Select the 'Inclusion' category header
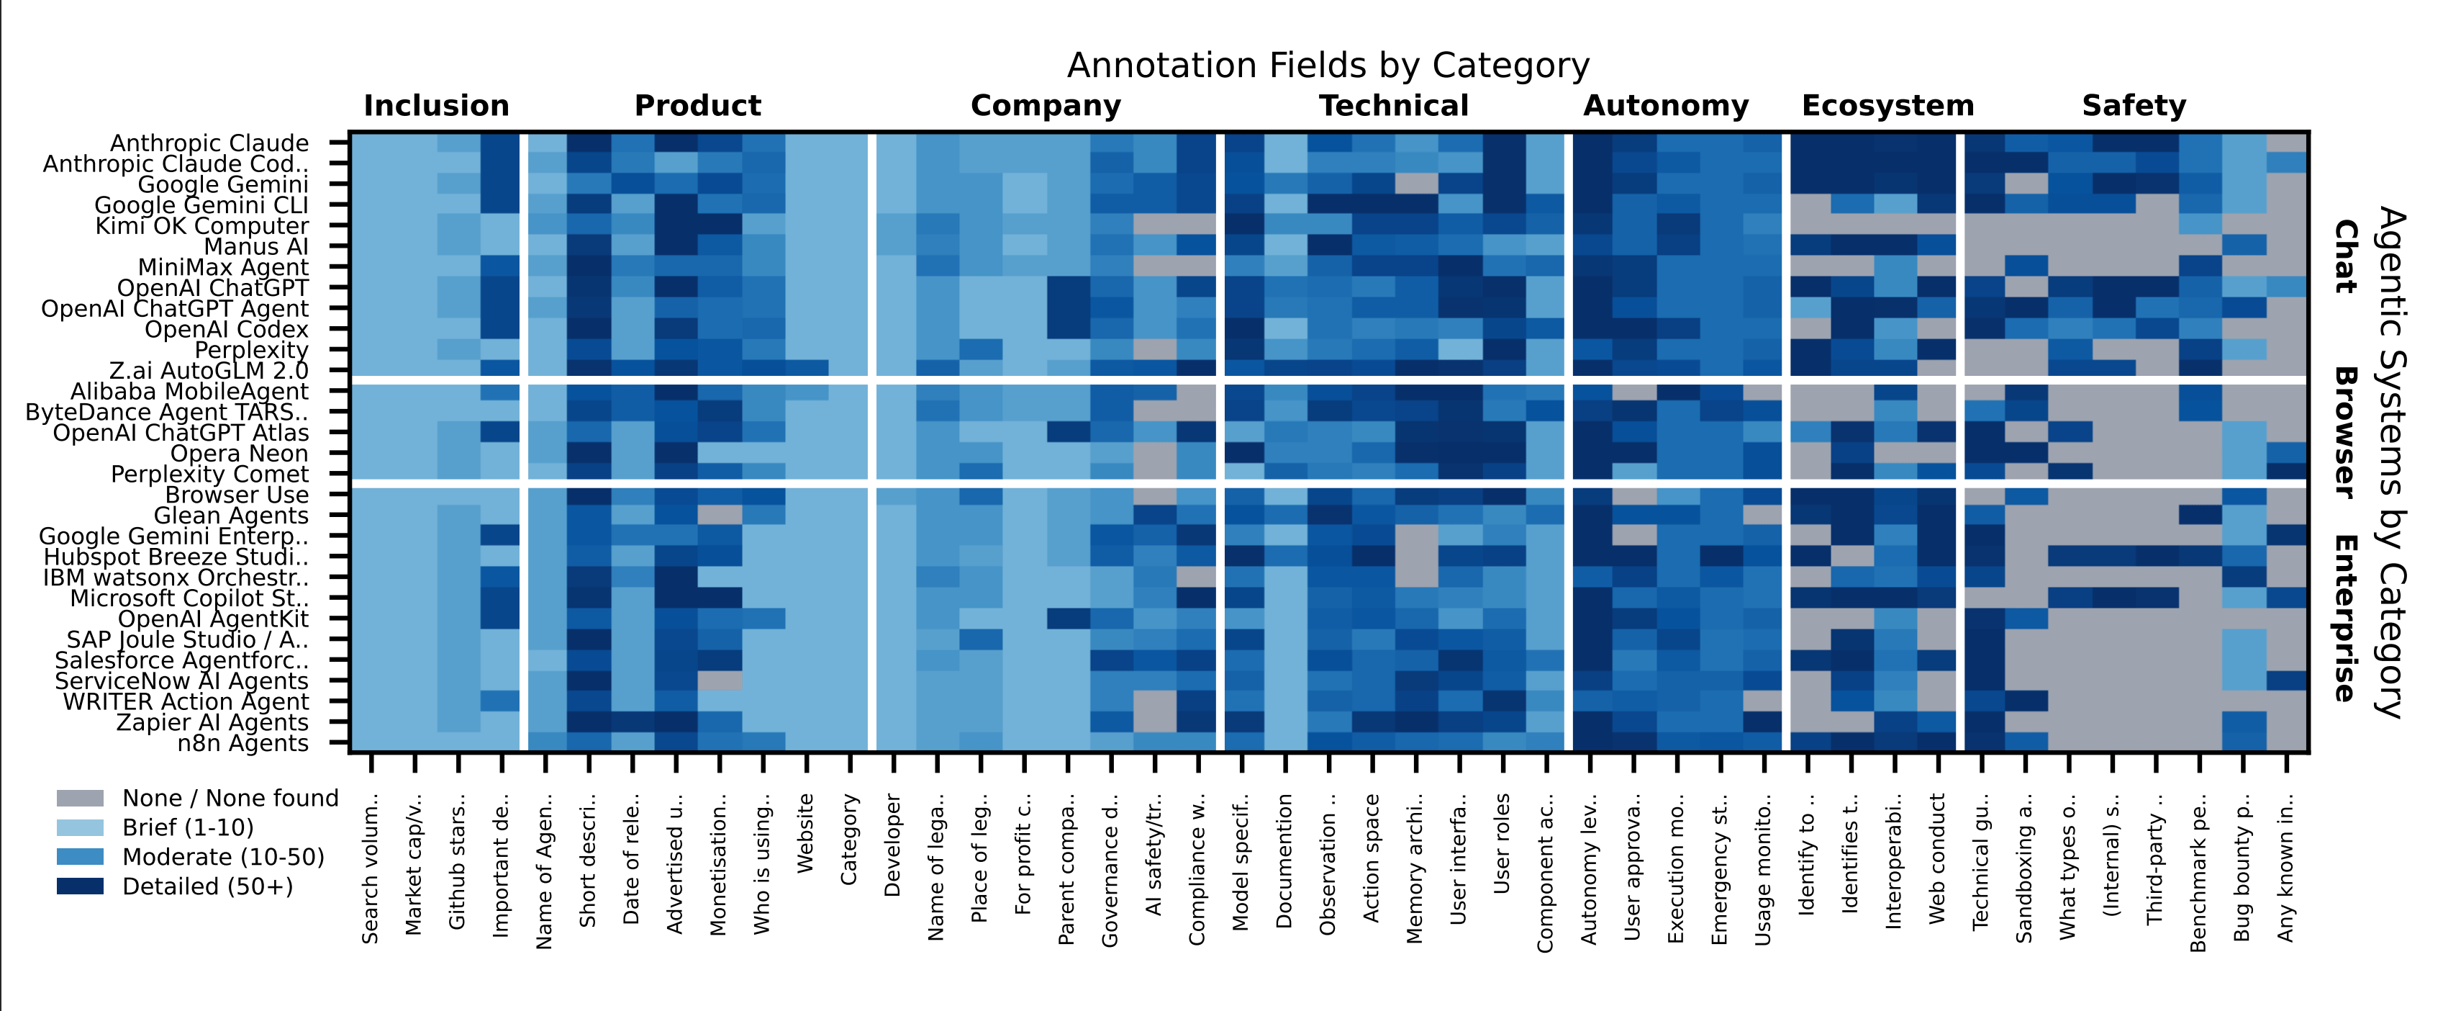tap(437, 105)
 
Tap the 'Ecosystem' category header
tap(1887, 105)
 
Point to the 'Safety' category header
tap(2134, 105)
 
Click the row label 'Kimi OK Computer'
tap(201, 227)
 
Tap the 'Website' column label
tap(805, 832)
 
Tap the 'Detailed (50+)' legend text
tap(207, 886)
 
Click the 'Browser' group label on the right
tap(2344, 432)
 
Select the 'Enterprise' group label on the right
tap(2344, 619)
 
